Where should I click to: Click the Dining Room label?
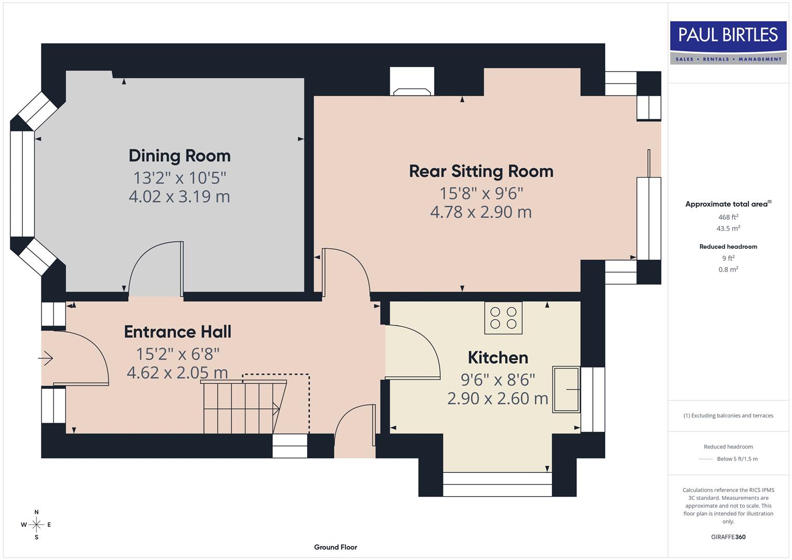(179, 156)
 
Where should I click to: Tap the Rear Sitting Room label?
(481, 171)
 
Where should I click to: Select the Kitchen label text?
(497, 357)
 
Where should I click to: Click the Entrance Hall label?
(177, 332)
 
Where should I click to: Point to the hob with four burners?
(503, 318)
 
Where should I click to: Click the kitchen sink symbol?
(566, 389)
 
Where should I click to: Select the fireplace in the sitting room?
(412, 82)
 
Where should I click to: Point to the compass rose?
(36, 525)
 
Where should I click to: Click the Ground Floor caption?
(335, 547)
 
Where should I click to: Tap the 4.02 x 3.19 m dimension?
(179, 197)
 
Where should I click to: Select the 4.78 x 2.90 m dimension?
(481, 212)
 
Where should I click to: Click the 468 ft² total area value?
(728, 217)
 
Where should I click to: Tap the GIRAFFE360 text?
(728, 537)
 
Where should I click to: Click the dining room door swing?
(153, 267)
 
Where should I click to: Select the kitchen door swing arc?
(415, 350)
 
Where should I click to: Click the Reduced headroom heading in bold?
(728, 247)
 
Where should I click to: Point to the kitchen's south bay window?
(497, 484)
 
